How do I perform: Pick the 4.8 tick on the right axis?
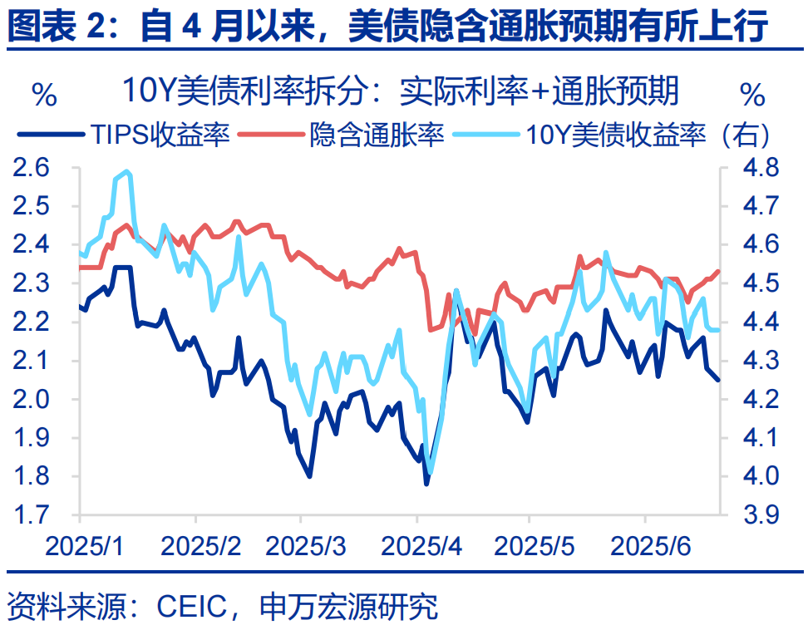[760, 168]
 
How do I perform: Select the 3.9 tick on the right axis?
[760, 515]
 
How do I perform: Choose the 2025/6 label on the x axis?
[647, 547]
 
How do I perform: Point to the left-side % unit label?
[44, 94]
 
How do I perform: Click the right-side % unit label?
[751, 94]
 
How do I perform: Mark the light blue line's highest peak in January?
[126, 171]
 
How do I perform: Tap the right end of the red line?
[719, 271]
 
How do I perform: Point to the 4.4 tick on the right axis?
[760, 322]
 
